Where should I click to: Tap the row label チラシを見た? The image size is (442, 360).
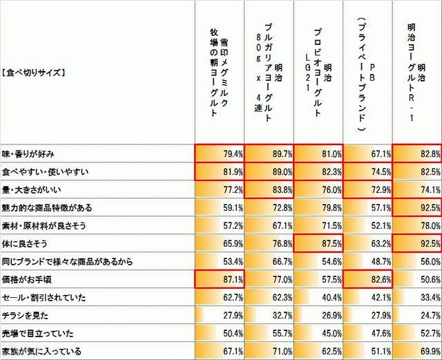(x=25, y=315)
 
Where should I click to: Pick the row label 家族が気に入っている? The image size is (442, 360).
(x=42, y=351)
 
